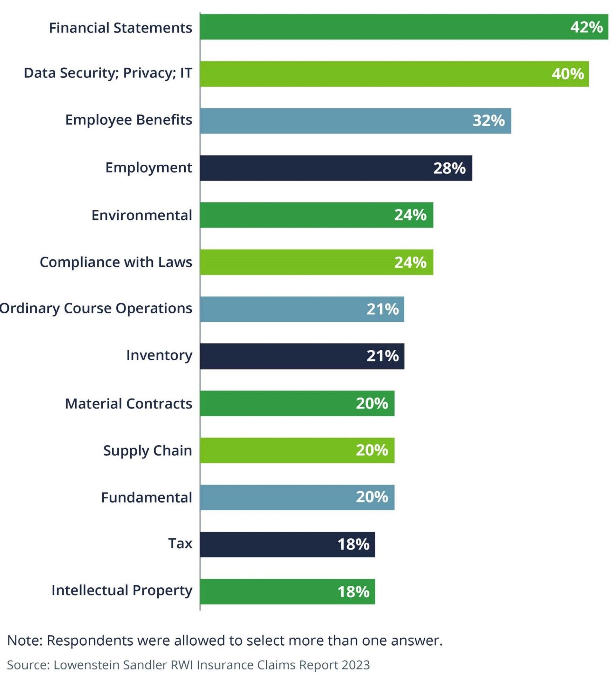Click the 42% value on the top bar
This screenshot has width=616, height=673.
[x=586, y=27]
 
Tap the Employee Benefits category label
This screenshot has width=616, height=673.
[x=128, y=120]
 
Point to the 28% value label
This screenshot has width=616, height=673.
[x=449, y=168]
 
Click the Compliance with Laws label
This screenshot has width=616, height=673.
[x=116, y=262]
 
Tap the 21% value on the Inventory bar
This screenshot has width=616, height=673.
[x=382, y=356]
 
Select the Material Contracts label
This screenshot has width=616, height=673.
[x=128, y=403]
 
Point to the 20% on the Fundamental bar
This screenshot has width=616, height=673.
[x=372, y=497]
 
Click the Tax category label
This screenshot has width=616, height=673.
[x=180, y=543]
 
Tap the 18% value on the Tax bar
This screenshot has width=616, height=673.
[x=353, y=544]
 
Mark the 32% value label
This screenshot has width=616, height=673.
[x=488, y=121]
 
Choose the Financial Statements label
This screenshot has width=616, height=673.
[x=120, y=28]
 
